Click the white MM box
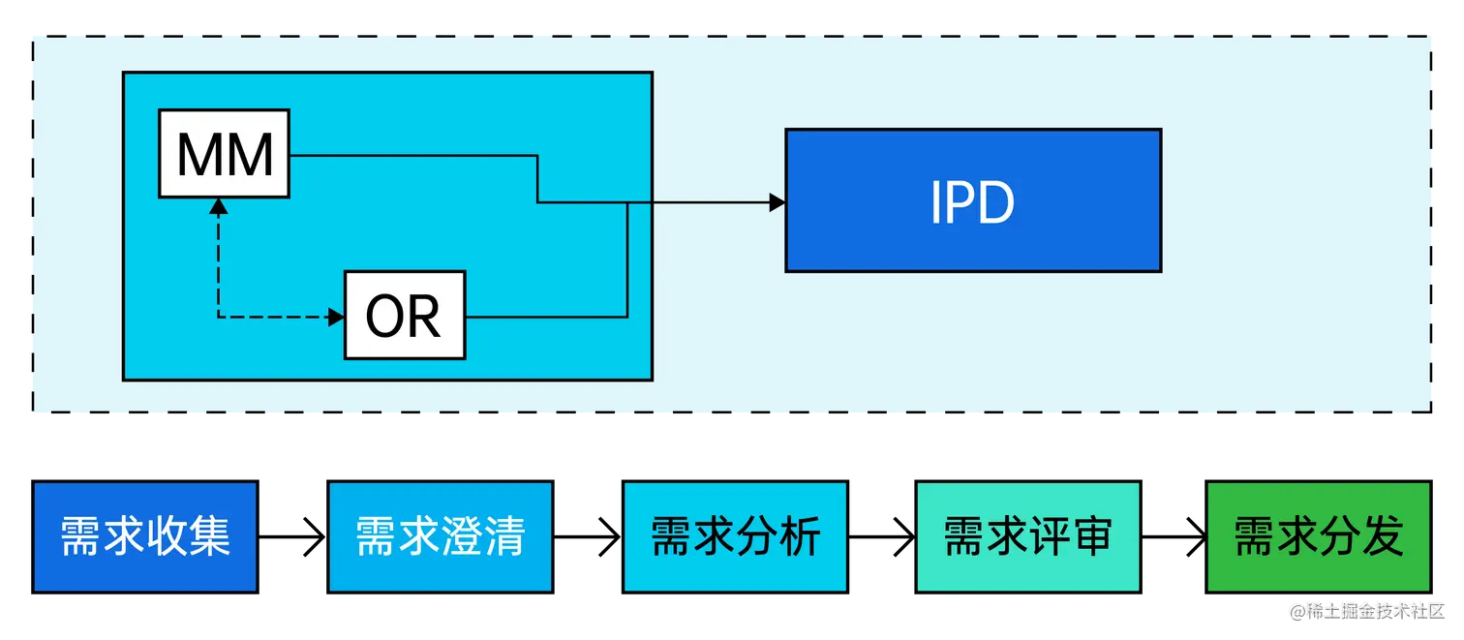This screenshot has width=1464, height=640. (x=224, y=154)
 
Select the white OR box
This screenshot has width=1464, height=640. (x=405, y=316)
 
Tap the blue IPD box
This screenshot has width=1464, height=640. (x=972, y=200)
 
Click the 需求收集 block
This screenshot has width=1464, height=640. (x=145, y=537)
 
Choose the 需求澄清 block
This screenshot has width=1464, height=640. (x=440, y=537)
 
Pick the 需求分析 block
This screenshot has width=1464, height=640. (x=735, y=537)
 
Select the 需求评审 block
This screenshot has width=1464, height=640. (x=1028, y=537)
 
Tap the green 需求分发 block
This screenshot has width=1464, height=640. (x=1319, y=537)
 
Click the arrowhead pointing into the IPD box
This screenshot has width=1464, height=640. (x=777, y=202)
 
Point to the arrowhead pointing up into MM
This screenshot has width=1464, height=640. (x=219, y=206)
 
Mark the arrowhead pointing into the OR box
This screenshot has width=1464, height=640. (x=337, y=317)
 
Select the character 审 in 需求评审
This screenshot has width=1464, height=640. (x=1092, y=536)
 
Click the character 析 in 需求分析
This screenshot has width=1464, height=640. (x=800, y=536)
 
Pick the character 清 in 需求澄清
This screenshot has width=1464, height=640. (x=504, y=536)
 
